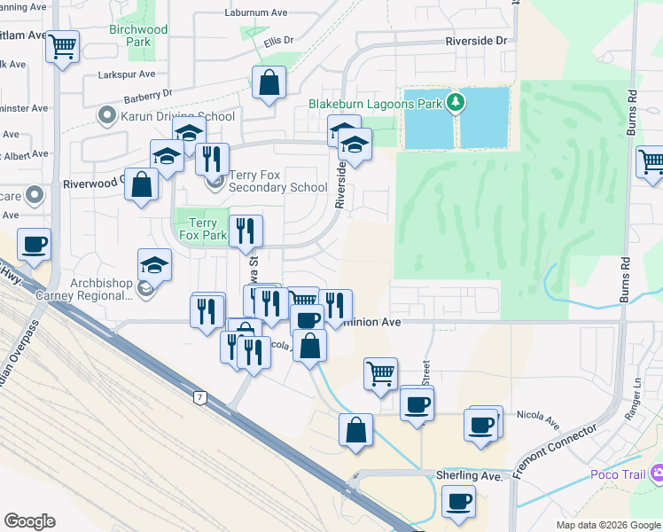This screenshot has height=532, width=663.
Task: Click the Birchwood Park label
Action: pos(137,35)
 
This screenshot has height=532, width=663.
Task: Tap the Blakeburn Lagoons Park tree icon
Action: pos(456,103)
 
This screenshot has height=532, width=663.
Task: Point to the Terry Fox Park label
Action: pos(203,230)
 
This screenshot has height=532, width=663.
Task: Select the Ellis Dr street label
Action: pos(277,41)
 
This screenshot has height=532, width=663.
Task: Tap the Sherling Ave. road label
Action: pos(470,476)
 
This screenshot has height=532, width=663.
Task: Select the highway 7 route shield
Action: pos(201,398)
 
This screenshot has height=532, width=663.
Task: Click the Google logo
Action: pos(29,521)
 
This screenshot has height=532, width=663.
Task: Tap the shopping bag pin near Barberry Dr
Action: pos(268,83)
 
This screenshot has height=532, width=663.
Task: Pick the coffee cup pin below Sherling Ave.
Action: pos(459,503)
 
